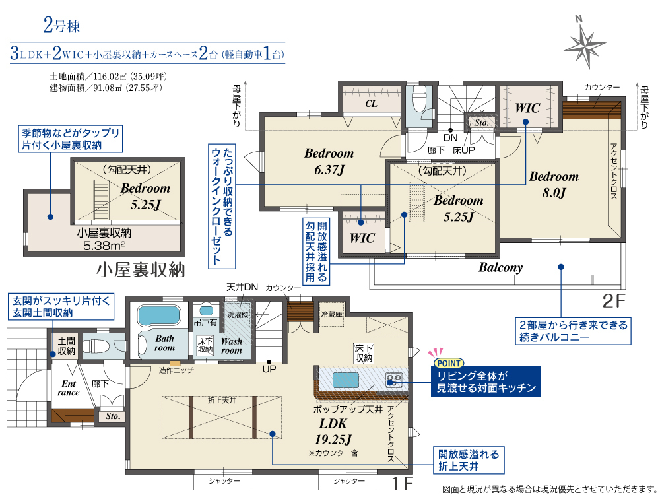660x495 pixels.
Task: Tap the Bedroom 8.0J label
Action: (x=554, y=184)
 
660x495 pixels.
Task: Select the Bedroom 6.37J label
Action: (x=329, y=161)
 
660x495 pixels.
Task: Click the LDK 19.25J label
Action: (x=333, y=432)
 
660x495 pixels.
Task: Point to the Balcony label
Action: (x=500, y=267)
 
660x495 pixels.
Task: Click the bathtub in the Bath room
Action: (x=158, y=315)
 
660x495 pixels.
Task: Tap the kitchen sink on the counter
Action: (x=346, y=379)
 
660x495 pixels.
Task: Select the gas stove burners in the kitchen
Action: (x=394, y=380)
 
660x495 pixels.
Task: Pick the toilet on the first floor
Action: (x=96, y=346)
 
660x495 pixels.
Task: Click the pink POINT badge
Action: (x=448, y=363)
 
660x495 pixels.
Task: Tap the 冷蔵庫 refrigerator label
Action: (x=332, y=314)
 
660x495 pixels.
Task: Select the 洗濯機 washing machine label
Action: (x=238, y=314)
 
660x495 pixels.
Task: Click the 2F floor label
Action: (x=614, y=301)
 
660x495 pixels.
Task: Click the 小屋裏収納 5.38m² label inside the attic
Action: (x=104, y=240)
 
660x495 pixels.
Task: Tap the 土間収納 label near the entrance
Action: (x=66, y=346)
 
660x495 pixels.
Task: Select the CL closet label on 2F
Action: (x=371, y=104)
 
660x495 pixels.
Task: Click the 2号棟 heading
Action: (x=61, y=26)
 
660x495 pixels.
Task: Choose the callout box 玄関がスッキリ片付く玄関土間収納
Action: (x=61, y=307)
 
